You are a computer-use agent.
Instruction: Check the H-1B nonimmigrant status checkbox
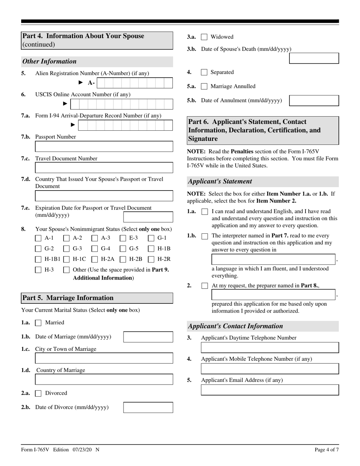point(151,249)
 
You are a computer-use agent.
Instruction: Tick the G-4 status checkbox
point(95,249)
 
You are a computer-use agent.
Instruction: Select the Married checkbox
point(38,323)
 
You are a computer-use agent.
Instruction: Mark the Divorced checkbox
point(38,393)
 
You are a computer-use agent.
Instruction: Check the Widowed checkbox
point(204,37)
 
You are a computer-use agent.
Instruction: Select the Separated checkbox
point(204,72)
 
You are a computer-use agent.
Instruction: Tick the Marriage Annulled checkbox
point(204,86)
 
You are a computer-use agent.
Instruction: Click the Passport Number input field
point(104,147)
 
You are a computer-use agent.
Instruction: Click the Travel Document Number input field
point(104,168)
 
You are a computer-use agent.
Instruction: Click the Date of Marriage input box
point(148,337)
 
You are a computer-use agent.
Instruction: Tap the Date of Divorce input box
point(148,407)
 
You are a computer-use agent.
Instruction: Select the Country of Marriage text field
point(104,379)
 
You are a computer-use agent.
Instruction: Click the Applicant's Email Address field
point(270,390)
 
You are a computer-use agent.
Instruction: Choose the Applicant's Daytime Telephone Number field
point(270,347)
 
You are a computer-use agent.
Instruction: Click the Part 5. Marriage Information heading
point(68,298)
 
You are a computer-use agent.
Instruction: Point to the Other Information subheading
point(50,61)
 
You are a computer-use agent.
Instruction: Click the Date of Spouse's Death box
point(314,58)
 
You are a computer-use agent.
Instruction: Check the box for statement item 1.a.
point(205,212)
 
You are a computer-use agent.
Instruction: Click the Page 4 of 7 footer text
point(327,450)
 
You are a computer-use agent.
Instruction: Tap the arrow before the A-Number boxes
point(80,82)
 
